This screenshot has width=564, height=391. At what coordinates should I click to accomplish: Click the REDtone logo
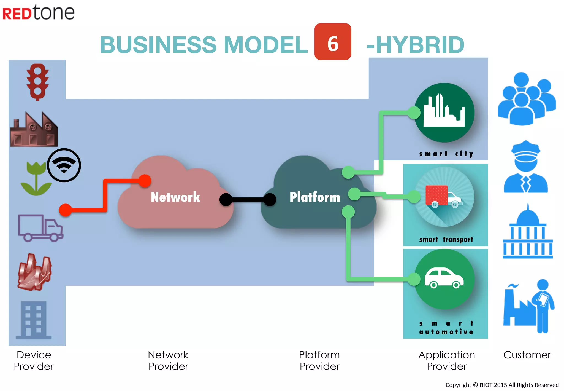[38, 12]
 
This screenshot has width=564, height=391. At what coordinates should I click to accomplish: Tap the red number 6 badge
[333, 42]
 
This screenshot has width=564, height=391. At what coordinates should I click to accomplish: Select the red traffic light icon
[37, 82]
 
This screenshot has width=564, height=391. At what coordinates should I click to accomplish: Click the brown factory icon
[34, 129]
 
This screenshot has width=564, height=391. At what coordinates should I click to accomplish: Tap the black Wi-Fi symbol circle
[64, 165]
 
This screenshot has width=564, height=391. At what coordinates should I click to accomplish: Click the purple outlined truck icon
[40, 228]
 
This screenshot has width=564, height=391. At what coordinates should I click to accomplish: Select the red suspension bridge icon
[35, 272]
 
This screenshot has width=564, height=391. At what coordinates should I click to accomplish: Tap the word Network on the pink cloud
[175, 197]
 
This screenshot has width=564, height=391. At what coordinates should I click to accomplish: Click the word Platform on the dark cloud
[314, 197]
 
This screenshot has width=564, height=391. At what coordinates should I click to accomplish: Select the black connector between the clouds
[248, 199]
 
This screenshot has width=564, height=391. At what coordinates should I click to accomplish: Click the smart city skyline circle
[444, 113]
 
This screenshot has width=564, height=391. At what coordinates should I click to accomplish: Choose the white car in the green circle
[444, 278]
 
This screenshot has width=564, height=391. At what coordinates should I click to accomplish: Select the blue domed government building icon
[527, 232]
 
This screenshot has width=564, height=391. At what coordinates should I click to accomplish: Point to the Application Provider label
[447, 360]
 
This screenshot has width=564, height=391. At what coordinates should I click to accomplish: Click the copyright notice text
[502, 385]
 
